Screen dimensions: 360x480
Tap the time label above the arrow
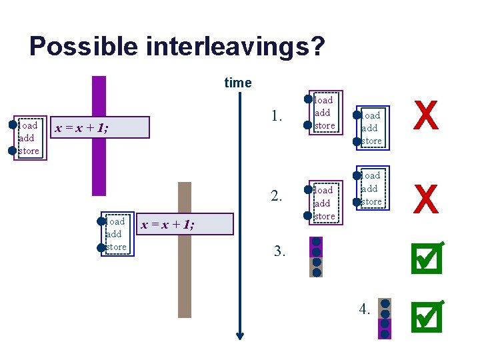(x=238, y=83)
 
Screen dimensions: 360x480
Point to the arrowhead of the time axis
(x=241, y=335)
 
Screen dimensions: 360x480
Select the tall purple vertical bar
(x=99, y=133)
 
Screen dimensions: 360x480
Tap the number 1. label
(x=278, y=117)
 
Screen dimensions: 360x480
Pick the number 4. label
(x=364, y=309)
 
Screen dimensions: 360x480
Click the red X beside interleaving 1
(x=426, y=115)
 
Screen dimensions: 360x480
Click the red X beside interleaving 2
(x=426, y=199)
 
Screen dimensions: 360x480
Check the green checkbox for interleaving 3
(x=427, y=258)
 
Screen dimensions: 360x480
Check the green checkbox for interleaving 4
(x=427, y=315)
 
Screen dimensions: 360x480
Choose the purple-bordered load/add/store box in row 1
(x=324, y=112)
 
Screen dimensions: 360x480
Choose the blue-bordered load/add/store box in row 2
(x=370, y=188)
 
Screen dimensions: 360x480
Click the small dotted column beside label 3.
(x=317, y=257)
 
